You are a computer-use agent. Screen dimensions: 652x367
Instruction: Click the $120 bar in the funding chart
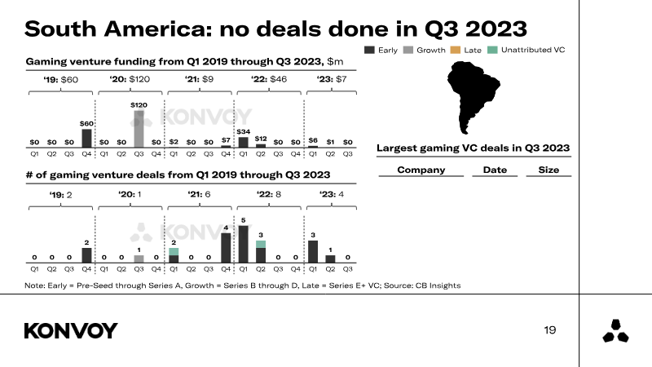click(139, 129)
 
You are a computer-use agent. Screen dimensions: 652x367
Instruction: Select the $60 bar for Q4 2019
click(86, 138)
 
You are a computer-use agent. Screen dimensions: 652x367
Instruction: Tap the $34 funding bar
click(243, 142)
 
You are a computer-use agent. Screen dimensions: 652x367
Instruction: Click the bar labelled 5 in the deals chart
click(243, 244)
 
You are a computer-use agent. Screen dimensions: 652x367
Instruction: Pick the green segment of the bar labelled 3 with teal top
click(261, 244)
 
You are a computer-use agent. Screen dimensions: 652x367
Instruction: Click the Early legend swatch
click(369, 50)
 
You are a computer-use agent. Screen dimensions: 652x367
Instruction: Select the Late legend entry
click(465, 50)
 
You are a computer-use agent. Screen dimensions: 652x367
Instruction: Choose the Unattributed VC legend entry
click(526, 50)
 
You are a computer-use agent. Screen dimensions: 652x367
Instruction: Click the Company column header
click(421, 170)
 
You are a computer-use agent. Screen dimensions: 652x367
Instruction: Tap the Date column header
click(495, 170)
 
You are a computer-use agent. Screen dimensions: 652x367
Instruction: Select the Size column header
click(548, 170)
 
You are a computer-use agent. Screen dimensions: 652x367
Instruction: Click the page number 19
click(549, 330)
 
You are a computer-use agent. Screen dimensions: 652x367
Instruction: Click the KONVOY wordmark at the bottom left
click(71, 331)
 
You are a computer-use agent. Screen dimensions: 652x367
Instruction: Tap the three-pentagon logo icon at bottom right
click(615, 331)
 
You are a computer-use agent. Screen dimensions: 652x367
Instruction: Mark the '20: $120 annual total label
click(130, 79)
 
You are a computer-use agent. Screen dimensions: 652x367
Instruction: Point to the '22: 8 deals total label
click(269, 194)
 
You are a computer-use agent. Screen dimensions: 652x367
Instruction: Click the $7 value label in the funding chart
click(226, 140)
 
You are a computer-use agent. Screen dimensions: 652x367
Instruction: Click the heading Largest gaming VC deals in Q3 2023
click(474, 148)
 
